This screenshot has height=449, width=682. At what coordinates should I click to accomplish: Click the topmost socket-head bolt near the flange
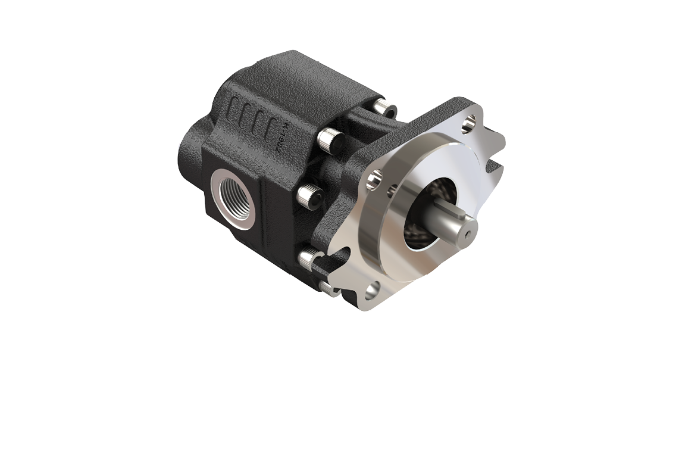(x=384, y=108)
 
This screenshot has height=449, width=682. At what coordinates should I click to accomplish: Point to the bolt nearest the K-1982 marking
(x=329, y=140)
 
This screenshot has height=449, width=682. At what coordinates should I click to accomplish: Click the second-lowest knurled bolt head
(x=308, y=258)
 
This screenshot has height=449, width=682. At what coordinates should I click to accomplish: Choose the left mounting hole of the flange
(x=374, y=179)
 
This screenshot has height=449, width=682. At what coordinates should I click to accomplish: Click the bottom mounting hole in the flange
(x=373, y=290)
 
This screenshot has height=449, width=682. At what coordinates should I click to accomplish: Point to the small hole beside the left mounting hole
(x=392, y=190)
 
